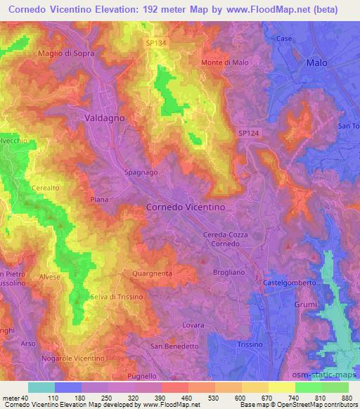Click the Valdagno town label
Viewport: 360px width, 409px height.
(104, 118)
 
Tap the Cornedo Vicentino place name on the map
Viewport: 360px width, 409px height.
(185, 207)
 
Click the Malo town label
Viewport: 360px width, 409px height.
(317, 63)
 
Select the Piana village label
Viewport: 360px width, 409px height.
(98, 200)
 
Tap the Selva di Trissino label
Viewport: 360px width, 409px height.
(117, 297)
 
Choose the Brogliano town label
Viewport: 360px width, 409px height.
(229, 270)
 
